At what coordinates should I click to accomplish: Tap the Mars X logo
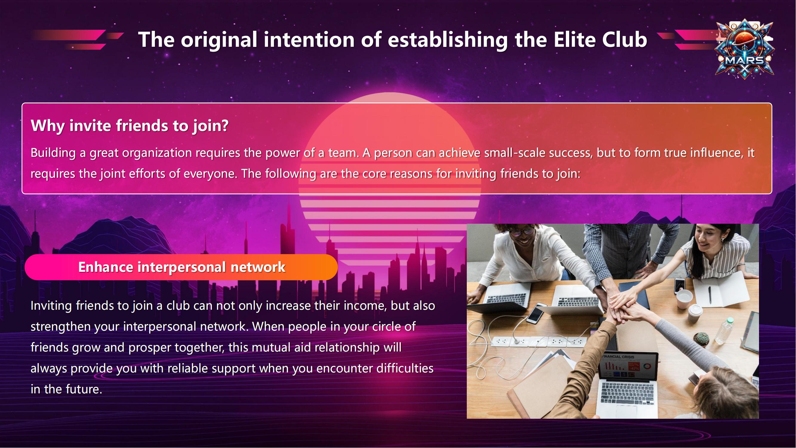tap(745, 50)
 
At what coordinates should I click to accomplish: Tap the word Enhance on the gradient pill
tap(106, 267)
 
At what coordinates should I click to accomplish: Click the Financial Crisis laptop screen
tap(628, 367)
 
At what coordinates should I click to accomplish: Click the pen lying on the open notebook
tap(710, 295)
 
